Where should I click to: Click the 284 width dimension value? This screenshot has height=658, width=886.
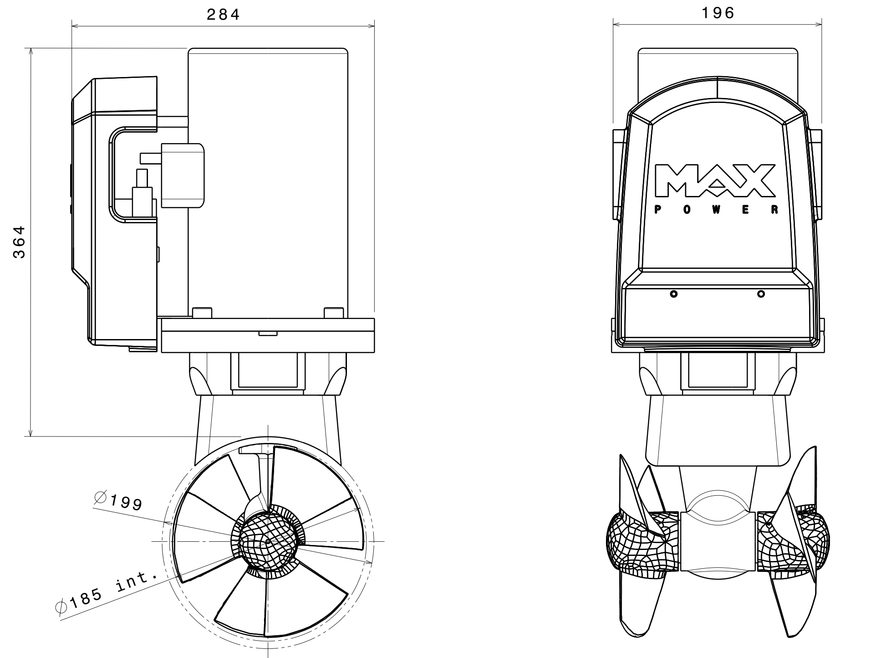coord(223,15)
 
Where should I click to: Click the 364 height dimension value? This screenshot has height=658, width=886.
coord(19,242)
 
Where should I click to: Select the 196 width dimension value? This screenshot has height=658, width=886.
coord(718,13)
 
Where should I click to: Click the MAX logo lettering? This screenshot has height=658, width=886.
coord(715,181)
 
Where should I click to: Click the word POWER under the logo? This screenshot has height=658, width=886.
coord(716,210)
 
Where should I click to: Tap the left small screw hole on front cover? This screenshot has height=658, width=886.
coord(674,294)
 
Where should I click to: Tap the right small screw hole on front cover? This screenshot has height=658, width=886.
coord(761,294)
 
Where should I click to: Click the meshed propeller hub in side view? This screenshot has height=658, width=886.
coord(268,541)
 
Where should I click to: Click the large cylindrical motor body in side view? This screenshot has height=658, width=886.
coord(268,178)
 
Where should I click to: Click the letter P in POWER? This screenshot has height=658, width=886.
coord(657,210)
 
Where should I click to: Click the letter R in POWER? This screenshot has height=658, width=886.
coord(775,210)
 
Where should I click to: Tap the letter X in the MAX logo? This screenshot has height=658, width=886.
coord(755,181)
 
